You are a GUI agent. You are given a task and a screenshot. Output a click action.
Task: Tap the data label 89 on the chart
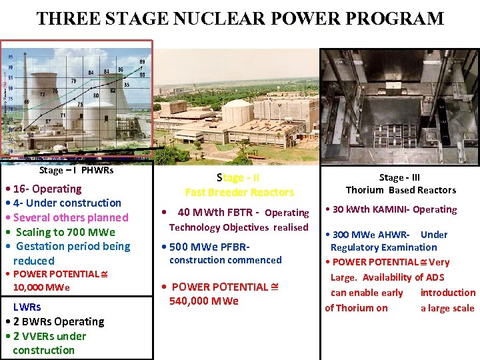point(141,62)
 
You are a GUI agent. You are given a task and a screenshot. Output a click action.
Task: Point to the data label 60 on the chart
point(31,135)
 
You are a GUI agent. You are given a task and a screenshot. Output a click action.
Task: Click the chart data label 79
point(74,81)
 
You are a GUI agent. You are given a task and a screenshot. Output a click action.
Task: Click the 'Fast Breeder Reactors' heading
point(239,192)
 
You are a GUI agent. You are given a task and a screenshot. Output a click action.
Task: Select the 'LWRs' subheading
point(27,307)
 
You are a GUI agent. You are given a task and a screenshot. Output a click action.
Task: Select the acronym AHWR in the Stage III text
point(391,234)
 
